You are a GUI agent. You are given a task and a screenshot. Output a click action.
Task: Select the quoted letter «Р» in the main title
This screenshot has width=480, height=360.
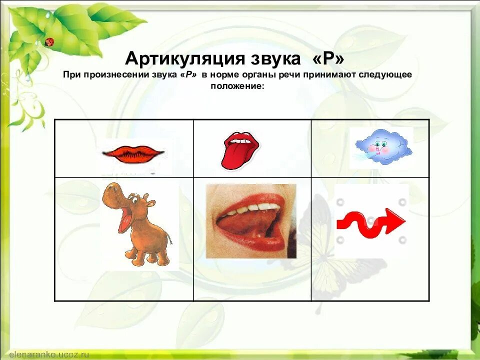328,58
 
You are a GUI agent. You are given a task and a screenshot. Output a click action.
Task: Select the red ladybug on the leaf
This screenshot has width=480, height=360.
49,42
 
